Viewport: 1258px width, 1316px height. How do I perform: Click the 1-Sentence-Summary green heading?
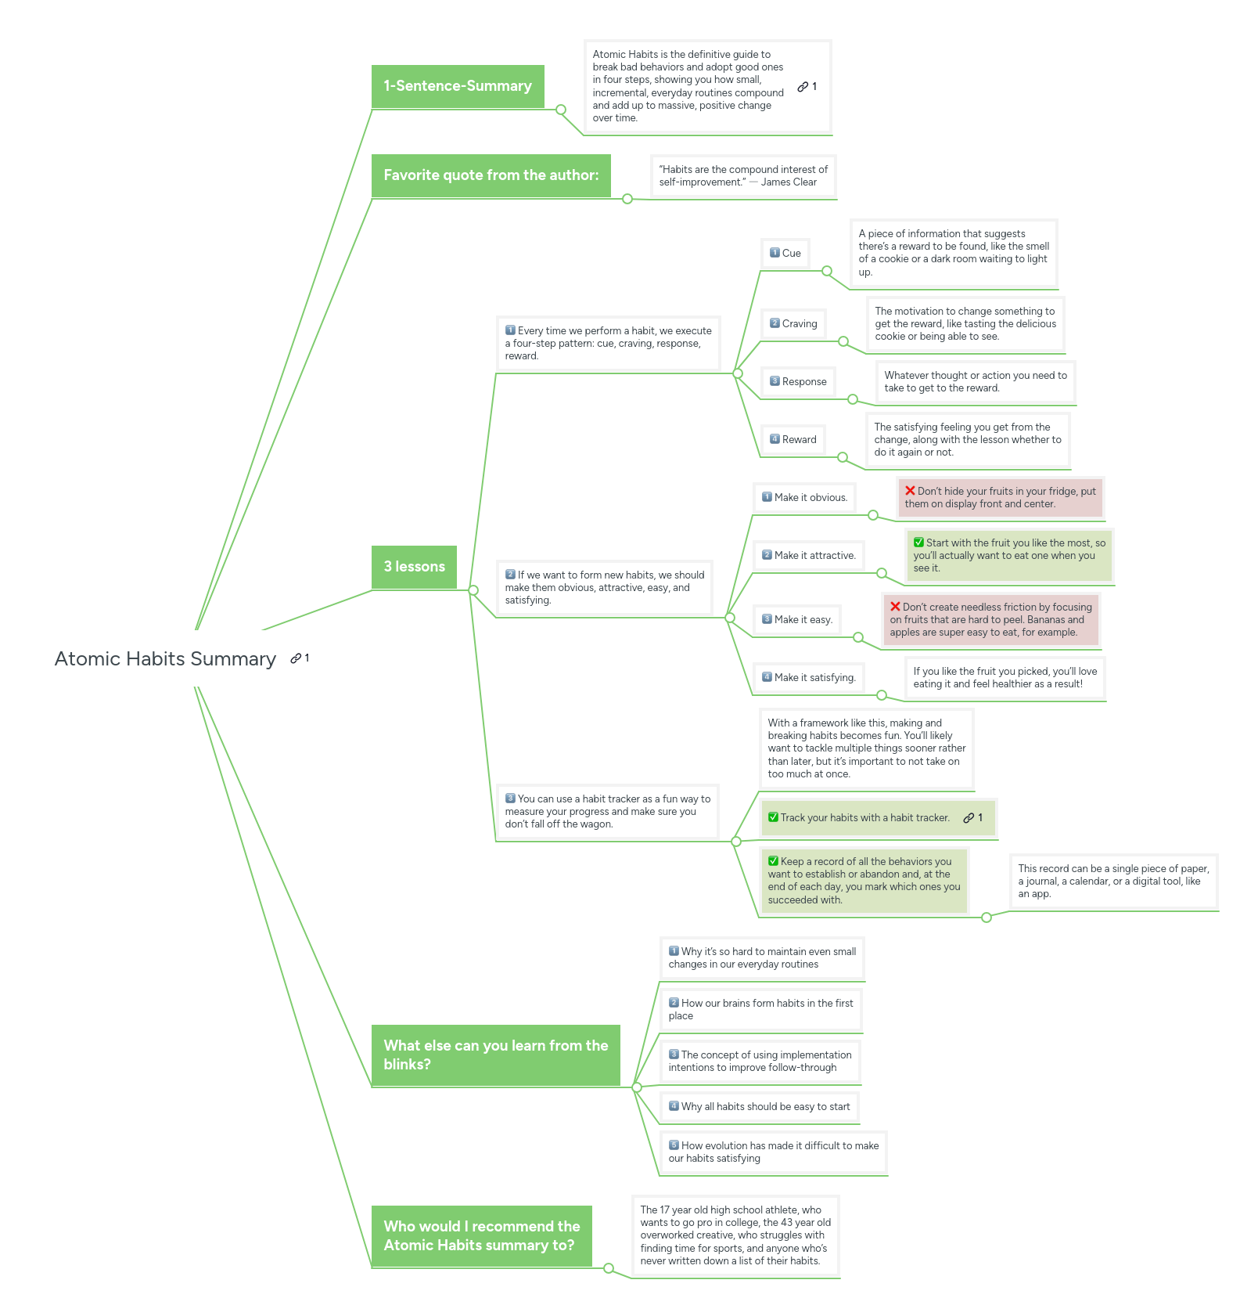tap(458, 86)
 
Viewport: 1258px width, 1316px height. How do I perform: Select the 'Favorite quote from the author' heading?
tap(491, 175)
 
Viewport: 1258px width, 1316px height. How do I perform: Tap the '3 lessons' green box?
tap(414, 567)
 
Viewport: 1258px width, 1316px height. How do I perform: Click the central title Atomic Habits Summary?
tap(165, 659)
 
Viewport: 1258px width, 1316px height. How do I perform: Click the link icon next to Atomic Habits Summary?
tap(296, 658)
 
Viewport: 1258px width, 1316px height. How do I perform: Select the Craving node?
tap(793, 323)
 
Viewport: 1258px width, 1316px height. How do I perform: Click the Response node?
tap(798, 381)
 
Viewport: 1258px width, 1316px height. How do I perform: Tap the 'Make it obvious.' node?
tap(804, 497)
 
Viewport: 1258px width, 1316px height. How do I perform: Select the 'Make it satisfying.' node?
tap(808, 677)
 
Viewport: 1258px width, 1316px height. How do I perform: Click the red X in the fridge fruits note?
tap(910, 491)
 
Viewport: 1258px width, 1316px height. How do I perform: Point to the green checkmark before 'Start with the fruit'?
tap(918, 543)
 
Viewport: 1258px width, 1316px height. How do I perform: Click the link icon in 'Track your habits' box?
tap(969, 818)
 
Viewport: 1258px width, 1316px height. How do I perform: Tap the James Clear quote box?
tap(742, 176)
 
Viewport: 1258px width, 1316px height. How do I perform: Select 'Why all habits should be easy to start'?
tap(759, 1107)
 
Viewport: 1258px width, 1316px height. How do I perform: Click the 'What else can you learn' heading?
tap(495, 1055)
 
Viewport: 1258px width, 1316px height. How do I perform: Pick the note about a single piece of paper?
tap(1112, 882)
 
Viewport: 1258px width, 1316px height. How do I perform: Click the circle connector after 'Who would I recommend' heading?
tap(609, 1268)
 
